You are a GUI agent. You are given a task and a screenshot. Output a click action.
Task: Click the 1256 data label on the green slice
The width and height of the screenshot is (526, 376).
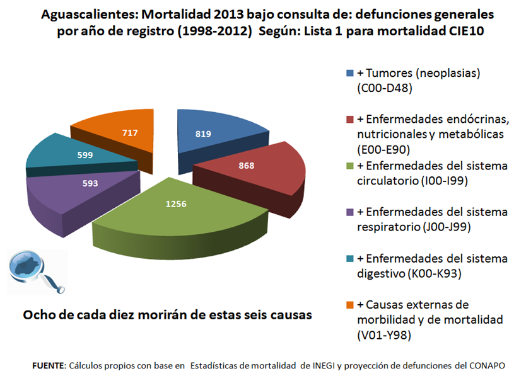pyautogui.click(x=176, y=204)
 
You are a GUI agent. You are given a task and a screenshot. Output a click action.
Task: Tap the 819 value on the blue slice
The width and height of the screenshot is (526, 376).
pyautogui.click(x=203, y=134)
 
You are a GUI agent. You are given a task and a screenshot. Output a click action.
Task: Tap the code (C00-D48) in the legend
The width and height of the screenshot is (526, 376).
pyautogui.click(x=384, y=89)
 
